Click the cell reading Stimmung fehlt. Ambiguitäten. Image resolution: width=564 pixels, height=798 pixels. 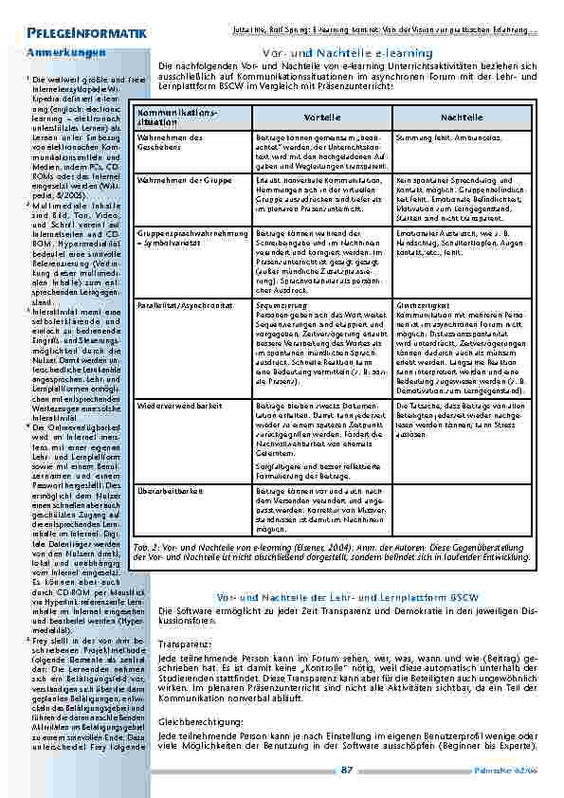(x=445, y=137)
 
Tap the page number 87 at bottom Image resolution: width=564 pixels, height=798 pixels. (x=347, y=770)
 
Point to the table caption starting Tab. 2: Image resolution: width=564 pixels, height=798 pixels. (x=333, y=552)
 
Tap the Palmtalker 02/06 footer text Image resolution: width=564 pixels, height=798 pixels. (x=506, y=771)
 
